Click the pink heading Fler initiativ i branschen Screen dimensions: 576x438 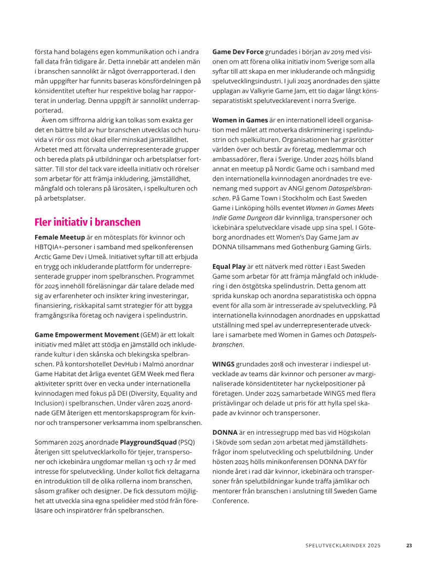[88, 222]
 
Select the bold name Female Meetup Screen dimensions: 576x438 [60, 237]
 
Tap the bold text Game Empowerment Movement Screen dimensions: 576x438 [87, 335]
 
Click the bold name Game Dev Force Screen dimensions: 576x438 [238, 51]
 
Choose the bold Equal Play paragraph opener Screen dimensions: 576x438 [230, 266]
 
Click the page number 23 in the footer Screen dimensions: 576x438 [408, 545]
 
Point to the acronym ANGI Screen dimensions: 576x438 [302, 188]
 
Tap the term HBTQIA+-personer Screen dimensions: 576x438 [62, 247]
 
